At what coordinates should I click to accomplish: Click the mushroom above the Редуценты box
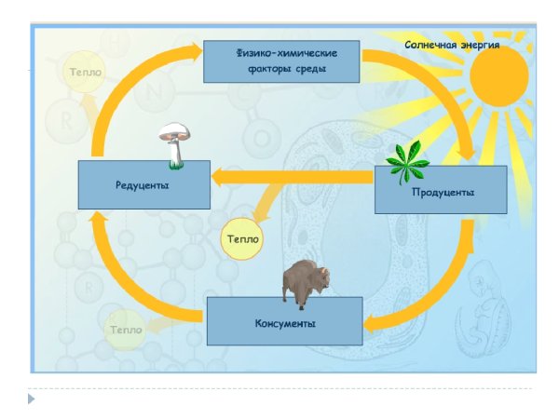(172, 144)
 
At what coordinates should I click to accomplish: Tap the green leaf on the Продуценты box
(407, 164)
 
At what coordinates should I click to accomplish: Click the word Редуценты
(143, 185)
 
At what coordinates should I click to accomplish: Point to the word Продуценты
(443, 192)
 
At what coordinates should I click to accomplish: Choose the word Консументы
(284, 323)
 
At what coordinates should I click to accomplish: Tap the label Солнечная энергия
(452, 44)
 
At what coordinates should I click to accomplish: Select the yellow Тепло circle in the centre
(241, 239)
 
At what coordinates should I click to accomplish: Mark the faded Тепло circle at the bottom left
(125, 329)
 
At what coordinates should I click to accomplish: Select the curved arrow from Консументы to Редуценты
(130, 279)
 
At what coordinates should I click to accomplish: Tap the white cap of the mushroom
(172, 132)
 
